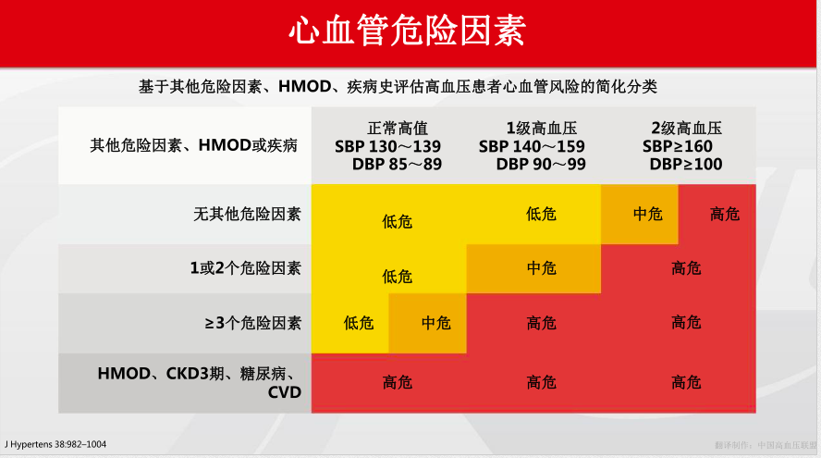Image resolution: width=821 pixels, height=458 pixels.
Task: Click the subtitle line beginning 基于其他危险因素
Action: pyautogui.click(x=398, y=86)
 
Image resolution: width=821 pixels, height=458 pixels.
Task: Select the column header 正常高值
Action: pyautogui.click(x=398, y=129)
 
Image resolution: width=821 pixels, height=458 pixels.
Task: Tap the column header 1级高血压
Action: pyautogui.click(x=542, y=129)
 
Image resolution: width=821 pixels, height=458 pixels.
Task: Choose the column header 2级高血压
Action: pyautogui.click(x=686, y=129)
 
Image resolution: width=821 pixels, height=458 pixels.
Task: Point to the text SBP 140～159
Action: pyautogui.click(x=532, y=146)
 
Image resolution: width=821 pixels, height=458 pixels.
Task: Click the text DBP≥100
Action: pyautogui.click(x=686, y=164)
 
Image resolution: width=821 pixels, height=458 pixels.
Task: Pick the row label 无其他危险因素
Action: pyautogui.click(x=247, y=214)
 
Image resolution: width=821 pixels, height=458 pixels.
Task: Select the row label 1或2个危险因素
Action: pyautogui.click(x=245, y=268)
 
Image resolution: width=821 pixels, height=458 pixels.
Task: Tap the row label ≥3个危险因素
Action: pyautogui.click(x=251, y=323)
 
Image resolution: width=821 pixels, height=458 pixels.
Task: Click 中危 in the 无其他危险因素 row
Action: pyautogui.click(x=647, y=214)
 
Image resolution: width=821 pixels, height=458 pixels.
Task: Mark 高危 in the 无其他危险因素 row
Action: pyautogui.click(x=725, y=214)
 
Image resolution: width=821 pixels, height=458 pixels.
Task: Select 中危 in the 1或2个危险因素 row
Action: pyautogui.click(x=542, y=268)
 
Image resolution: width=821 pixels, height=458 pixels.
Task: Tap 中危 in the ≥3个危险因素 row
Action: pyautogui.click(x=436, y=323)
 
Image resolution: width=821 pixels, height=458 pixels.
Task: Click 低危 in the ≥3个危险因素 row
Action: pyautogui.click(x=359, y=323)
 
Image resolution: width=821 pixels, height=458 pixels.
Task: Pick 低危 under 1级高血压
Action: pyautogui.click(x=542, y=214)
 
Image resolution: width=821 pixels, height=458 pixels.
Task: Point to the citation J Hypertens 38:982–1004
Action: pyautogui.click(x=55, y=444)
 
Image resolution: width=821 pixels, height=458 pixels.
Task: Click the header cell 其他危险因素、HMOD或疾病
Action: pyautogui.click(x=193, y=146)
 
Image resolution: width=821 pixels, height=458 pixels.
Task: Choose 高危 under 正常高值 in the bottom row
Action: pyautogui.click(x=398, y=382)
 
